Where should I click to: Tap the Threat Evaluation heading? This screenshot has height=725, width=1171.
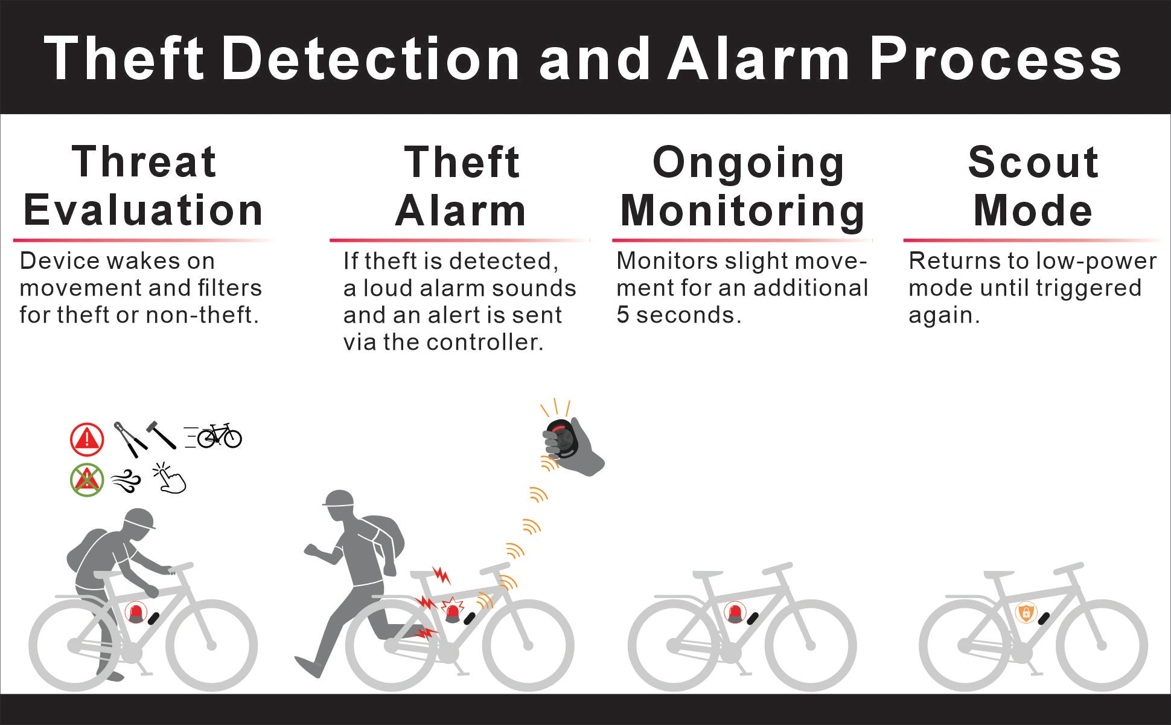pyautogui.click(x=144, y=186)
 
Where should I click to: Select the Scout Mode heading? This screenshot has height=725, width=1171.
pyautogui.click(x=1033, y=186)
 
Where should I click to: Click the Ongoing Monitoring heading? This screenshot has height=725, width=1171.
pyautogui.click(x=743, y=186)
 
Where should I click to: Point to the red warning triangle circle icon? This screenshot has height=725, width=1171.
pyautogui.click(x=88, y=439)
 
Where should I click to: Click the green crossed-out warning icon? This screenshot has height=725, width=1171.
pyautogui.click(x=88, y=481)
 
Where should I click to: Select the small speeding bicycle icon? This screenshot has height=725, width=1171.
pyautogui.click(x=213, y=436)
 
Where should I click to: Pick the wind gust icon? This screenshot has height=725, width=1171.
pyautogui.click(x=126, y=482)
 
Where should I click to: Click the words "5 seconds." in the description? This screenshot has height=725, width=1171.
pyautogui.click(x=678, y=315)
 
